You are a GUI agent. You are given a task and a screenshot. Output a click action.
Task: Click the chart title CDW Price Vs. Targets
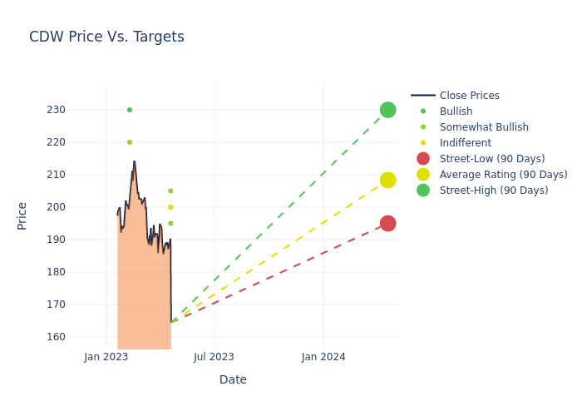pyautogui.click(x=106, y=37)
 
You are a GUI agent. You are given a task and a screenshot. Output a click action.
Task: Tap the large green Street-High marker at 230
pyautogui.click(x=387, y=110)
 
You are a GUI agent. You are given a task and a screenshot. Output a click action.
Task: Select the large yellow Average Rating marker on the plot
pyautogui.click(x=387, y=180)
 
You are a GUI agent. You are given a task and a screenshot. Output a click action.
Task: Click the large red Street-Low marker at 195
pyautogui.click(x=387, y=223)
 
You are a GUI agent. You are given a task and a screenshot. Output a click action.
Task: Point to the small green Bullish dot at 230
pyautogui.click(x=129, y=110)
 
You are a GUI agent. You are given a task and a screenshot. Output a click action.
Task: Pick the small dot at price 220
pyautogui.click(x=129, y=142)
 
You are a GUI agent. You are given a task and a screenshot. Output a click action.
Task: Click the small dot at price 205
pyautogui.click(x=170, y=191)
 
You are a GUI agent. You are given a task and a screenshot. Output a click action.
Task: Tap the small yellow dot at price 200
pyautogui.click(x=170, y=207)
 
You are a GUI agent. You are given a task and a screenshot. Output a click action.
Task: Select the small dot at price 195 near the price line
pyautogui.click(x=170, y=223)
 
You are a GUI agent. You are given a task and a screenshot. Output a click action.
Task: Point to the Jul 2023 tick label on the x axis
pyautogui.click(x=214, y=357)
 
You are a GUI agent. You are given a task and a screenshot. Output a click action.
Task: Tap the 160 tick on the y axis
pyautogui.click(x=79, y=337)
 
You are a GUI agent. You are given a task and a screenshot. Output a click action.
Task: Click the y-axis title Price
pyautogui.click(x=22, y=215)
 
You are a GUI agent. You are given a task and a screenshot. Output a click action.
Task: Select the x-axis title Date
pyautogui.click(x=233, y=379)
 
